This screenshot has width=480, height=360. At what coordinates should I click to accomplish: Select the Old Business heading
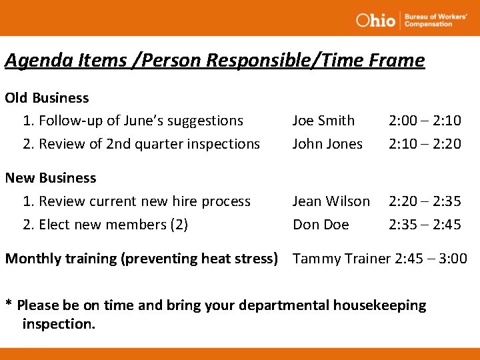(47, 98)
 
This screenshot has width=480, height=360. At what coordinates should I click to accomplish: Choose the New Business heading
(51, 178)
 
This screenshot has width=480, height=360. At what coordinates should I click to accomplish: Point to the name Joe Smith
(323, 121)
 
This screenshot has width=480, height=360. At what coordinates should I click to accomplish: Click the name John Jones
(327, 144)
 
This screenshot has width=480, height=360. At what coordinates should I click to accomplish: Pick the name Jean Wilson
(331, 201)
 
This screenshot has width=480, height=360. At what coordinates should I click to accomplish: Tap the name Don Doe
(321, 225)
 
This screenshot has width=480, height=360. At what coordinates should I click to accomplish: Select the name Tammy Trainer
(340, 259)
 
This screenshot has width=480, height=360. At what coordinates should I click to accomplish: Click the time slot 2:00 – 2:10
(425, 121)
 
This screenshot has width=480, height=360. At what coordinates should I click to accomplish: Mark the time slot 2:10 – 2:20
(425, 144)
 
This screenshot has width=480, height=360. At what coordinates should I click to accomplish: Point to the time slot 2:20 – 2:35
(425, 201)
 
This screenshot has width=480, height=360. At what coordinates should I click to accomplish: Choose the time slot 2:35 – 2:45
(425, 225)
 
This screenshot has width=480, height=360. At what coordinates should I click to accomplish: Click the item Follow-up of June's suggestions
(141, 121)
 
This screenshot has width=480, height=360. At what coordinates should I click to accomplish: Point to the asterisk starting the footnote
(9, 305)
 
